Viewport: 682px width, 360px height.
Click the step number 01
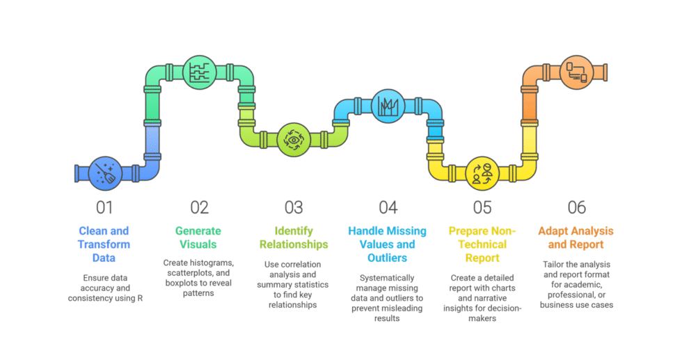104,207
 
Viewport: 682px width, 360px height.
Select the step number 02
199,207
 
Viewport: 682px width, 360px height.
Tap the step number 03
294,207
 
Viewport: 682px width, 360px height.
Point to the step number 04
388,207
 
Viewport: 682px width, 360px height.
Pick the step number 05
482,207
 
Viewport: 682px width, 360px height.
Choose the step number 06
577,207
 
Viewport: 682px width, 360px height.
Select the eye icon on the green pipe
293,139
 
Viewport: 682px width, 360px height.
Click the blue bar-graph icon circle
388,105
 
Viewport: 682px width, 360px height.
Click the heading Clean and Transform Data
104,244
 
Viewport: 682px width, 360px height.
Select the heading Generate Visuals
199,237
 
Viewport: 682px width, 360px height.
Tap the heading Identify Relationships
294,237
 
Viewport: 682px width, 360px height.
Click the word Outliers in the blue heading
388,258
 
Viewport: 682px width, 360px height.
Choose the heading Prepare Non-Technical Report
482,244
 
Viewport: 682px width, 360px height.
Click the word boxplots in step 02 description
180,283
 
